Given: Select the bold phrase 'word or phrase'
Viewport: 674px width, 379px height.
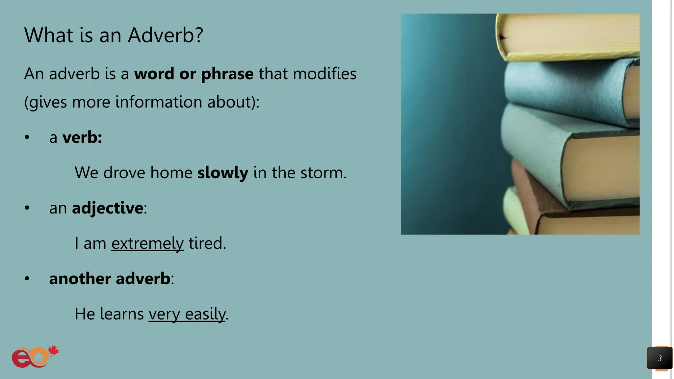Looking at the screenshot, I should click(194, 74).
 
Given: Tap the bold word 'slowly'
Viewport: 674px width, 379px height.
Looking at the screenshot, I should click(222, 173).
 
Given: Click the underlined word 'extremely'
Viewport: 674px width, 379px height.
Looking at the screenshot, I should click(147, 243).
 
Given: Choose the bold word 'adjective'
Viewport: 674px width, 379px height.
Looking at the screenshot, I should click(108, 208).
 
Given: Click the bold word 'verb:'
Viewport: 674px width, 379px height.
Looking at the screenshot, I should click(82, 137).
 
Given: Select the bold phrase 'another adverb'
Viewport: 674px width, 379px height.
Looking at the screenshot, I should click(110, 279).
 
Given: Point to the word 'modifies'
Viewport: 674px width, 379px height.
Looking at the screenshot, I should click(324, 74).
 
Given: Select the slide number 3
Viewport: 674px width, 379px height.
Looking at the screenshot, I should click(660, 358).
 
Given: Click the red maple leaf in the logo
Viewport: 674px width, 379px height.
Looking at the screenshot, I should click(53, 351).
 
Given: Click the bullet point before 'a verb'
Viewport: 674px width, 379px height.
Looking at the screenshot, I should click(27, 138).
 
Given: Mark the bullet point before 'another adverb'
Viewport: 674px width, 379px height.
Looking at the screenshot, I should click(27, 279).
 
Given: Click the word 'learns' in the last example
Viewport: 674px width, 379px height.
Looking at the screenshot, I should click(122, 314).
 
